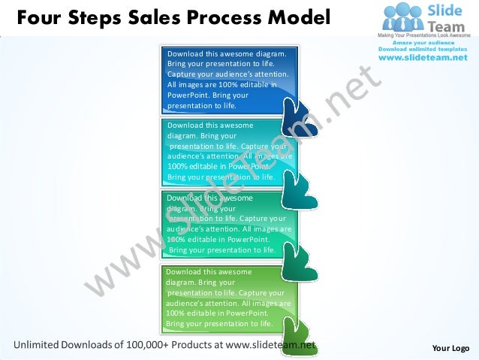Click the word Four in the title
click(x=38, y=16)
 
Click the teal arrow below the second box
click(x=300, y=192)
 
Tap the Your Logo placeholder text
click(x=451, y=348)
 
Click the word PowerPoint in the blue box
click(x=188, y=95)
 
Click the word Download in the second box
click(x=185, y=126)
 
